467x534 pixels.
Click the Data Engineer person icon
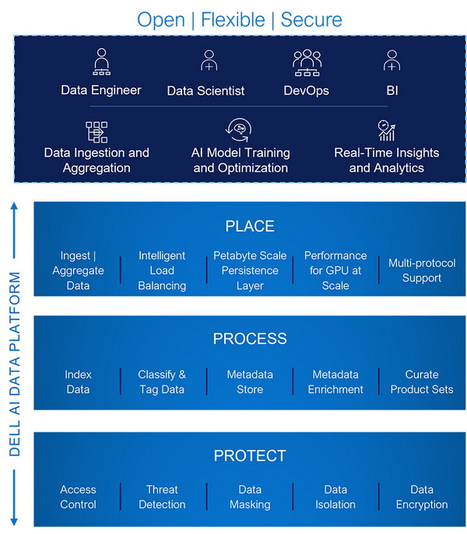[102, 61]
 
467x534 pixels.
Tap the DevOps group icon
[307, 63]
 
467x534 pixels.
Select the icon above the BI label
[392, 61]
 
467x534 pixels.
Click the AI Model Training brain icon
[239, 130]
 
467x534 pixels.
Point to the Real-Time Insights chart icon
[387, 130]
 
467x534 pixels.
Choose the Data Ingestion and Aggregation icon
[97, 132]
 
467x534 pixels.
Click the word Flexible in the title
[233, 19]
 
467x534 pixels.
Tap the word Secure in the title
[311, 19]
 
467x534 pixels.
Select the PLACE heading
[250, 226]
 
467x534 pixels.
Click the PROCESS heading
[250, 339]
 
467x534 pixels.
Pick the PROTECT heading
[250, 455]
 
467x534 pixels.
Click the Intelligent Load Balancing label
[162, 270]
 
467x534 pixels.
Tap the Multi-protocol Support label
[422, 270]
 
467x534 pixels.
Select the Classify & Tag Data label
[162, 382]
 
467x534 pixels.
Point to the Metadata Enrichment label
[335, 382]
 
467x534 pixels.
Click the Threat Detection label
[162, 497]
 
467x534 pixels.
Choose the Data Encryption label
[422, 497]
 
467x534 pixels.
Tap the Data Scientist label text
[205, 91]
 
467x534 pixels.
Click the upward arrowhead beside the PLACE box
[14, 206]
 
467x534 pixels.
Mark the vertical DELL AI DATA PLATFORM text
[14, 364]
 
